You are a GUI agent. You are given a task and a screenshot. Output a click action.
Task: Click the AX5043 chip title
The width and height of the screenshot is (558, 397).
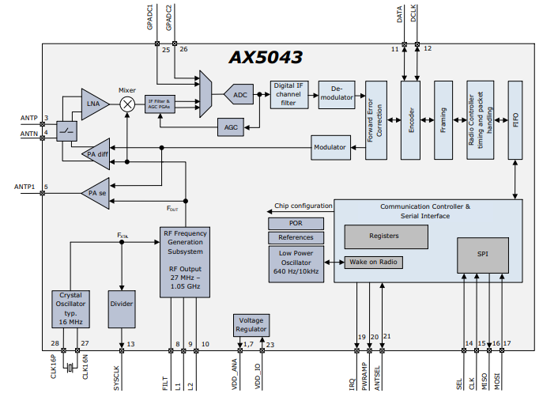pyautogui.click(x=266, y=57)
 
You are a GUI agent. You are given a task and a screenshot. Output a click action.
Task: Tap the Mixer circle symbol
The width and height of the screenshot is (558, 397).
pyautogui.click(x=127, y=104)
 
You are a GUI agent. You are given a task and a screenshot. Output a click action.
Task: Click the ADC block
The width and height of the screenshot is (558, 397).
pyautogui.click(x=239, y=95)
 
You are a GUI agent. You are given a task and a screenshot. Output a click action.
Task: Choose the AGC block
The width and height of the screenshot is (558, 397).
pyautogui.click(x=231, y=127)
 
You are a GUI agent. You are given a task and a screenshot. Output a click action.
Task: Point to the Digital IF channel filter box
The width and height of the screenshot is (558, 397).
pyautogui.click(x=288, y=94)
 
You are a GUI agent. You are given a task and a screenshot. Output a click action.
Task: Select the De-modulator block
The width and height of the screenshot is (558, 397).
pyautogui.click(x=337, y=94)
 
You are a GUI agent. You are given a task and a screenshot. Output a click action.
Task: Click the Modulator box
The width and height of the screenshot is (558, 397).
pyautogui.click(x=330, y=147)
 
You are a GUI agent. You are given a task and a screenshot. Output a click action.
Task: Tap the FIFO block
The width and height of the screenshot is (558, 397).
pyautogui.click(x=515, y=120)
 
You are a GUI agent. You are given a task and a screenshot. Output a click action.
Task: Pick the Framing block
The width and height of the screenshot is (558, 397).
pyautogui.click(x=443, y=120)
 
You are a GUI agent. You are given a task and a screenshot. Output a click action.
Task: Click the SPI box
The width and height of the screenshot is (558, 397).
pyautogui.click(x=483, y=255)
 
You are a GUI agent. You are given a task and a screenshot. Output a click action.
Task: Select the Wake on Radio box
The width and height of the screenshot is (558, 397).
pyautogui.click(x=373, y=262)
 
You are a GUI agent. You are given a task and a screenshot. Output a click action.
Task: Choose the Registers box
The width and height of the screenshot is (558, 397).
pyautogui.click(x=386, y=236)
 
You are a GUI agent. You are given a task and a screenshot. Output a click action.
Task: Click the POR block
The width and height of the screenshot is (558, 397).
pyautogui.click(x=296, y=224)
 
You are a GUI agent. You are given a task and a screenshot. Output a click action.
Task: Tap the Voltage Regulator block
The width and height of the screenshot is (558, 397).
pyautogui.click(x=251, y=325)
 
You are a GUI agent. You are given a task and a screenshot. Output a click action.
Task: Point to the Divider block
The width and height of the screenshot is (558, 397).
pyautogui.click(x=122, y=309)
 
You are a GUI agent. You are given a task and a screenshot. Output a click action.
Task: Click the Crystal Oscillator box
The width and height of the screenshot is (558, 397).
pyautogui.click(x=70, y=309)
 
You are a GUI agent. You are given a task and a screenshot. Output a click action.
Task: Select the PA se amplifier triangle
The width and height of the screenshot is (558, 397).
pyautogui.click(x=96, y=193)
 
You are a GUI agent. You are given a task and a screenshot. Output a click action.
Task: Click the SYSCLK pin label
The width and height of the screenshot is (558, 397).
pyautogui.click(x=117, y=378)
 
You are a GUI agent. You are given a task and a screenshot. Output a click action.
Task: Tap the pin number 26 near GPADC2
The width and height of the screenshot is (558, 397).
pyautogui.click(x=183, y=49)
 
